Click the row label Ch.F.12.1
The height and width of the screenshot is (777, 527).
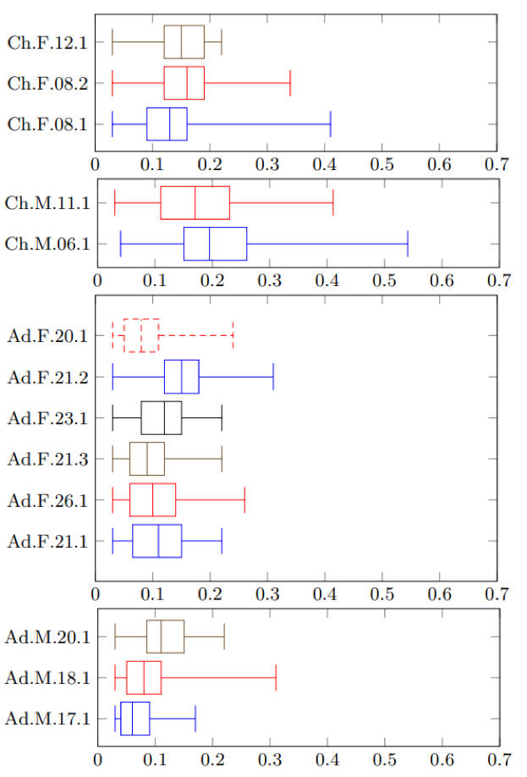[x=47, y=41]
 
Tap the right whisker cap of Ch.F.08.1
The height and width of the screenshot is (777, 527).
[x=330, y=124]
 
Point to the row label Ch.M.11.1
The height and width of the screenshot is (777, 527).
[x=47, y=203]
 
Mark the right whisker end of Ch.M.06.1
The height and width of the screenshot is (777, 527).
[x=408, y=244]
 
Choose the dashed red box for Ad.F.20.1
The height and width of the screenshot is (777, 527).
[x=141, y=335]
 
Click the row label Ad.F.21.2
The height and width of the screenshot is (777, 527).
[x=48, y=377]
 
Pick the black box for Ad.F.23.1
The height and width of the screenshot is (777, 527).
[x=162, y=417]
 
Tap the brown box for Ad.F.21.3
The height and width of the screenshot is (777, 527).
[x=147, y=459]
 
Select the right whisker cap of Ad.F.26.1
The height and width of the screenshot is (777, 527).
[x=244, y=499]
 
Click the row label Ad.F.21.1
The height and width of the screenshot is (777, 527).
[x=48, y=541]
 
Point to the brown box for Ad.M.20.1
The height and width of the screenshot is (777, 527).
[x=165, y=636]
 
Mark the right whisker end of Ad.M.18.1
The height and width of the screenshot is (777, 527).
[x=276, y=678]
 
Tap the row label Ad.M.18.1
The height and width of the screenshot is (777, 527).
[x=48, y=678]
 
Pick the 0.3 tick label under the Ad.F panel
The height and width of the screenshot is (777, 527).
[x=267, y=592]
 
